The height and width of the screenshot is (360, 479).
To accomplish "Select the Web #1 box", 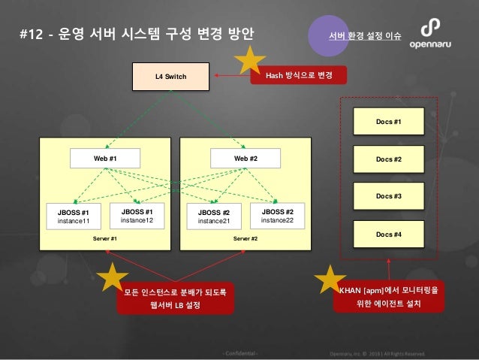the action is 105,159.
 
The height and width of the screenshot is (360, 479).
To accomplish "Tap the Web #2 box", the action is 246,159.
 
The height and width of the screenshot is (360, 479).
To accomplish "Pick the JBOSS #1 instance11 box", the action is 74,216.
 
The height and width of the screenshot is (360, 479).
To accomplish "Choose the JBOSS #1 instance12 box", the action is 137,216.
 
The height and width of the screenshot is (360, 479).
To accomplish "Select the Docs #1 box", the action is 389,120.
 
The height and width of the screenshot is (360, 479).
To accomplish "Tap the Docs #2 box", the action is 389,159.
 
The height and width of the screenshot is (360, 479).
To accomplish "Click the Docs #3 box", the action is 389,196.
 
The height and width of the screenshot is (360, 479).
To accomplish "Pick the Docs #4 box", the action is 389,234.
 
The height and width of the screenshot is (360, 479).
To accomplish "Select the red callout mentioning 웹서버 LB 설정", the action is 175,297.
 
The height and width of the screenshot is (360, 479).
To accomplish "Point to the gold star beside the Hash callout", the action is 249,63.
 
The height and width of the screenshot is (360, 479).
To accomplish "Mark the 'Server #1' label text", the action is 105,238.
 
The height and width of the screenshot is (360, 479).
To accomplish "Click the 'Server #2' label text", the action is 246,238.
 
